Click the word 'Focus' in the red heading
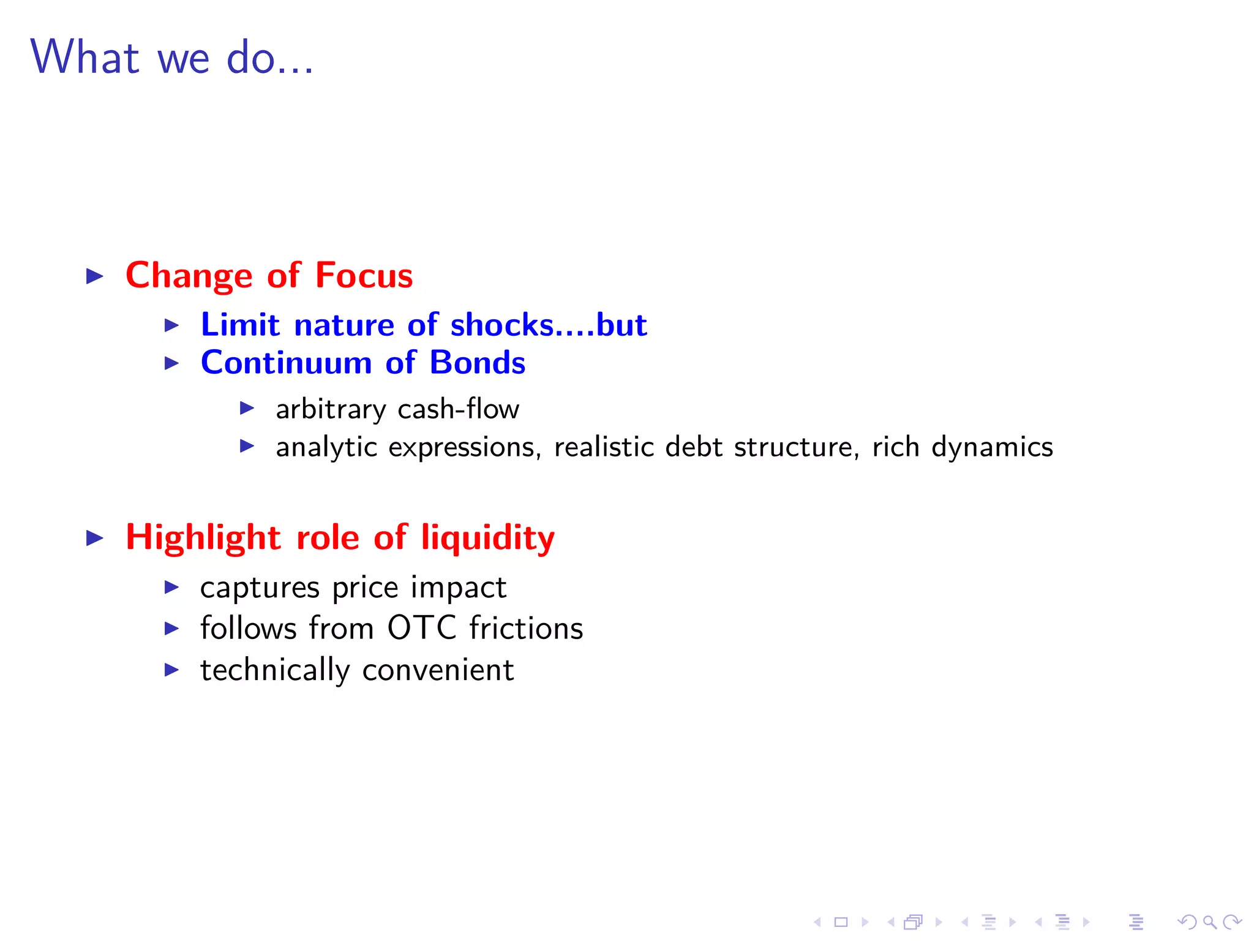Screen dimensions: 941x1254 [x=364, y=275]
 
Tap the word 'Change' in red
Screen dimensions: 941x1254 [x=189, y=276]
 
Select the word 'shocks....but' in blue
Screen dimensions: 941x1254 [x=548, y=325]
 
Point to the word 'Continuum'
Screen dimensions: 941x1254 [x=286, y=363]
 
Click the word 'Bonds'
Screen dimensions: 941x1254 [x=477, y=363]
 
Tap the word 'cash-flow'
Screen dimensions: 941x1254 [x=458, y=409]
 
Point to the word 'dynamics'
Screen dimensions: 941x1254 [x=991, y=448]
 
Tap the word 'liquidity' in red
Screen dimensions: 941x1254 [x=487, y=539]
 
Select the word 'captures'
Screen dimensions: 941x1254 [x=260, y=588]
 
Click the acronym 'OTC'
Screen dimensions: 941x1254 [x=422, y=628]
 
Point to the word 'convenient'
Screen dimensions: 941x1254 [x=438, y=670]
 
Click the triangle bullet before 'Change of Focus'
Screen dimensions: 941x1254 [x=95, y=276]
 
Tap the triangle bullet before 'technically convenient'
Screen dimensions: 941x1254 [x=172, y=670]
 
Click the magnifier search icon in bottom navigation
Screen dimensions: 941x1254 [x=1209, y=922]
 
